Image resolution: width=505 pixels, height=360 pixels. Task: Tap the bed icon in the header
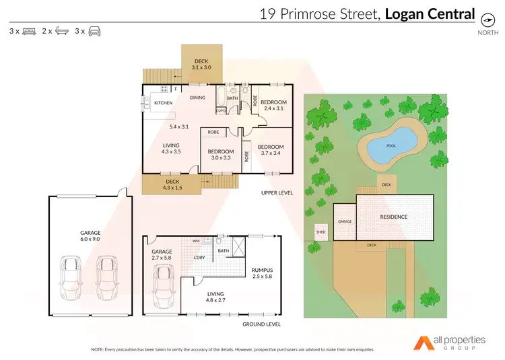coord(29,31)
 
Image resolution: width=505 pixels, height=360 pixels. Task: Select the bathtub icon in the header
coord(61,31)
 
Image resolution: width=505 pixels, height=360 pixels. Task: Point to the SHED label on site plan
coord(320,233)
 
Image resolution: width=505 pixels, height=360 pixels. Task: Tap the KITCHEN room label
coord(164,103)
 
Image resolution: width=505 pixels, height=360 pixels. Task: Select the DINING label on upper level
coord(197,98)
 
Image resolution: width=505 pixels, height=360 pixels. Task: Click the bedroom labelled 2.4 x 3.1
coord(273,104)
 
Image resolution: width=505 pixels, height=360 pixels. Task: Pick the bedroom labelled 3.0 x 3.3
coord(220,155)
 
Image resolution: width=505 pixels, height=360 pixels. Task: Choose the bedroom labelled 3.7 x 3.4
coord(271,150)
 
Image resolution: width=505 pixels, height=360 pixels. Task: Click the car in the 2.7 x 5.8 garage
coord(163,285)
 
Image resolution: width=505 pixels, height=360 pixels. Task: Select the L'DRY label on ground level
coord(199,258)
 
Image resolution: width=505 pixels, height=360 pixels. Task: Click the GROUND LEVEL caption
coord(261,324)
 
